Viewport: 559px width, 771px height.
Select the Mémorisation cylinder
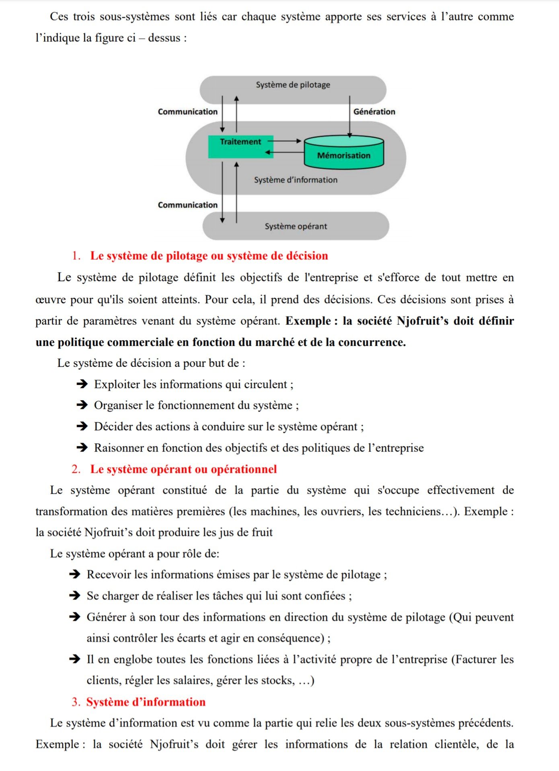(344, 153)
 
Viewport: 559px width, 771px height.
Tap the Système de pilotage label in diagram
(293, 85)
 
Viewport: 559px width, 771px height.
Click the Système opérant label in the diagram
(296, 227)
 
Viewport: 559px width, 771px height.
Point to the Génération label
(374, 112)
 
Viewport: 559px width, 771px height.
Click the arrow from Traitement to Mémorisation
(286, 141)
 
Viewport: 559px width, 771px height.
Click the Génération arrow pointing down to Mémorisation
(349, 117)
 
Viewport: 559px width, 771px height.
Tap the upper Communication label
(187, 112)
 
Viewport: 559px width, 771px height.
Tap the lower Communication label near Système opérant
(187, 205)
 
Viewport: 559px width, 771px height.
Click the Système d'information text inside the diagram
(296, 180)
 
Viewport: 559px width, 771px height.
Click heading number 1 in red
(76, 256)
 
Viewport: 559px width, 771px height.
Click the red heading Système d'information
(146, 702)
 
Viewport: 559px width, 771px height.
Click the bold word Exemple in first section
(308, 321)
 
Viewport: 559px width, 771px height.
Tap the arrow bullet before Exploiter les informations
(82, 384)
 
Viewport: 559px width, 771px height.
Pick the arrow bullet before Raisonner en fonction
(82, 448)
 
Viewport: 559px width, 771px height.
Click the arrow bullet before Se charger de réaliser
(75, 595)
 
